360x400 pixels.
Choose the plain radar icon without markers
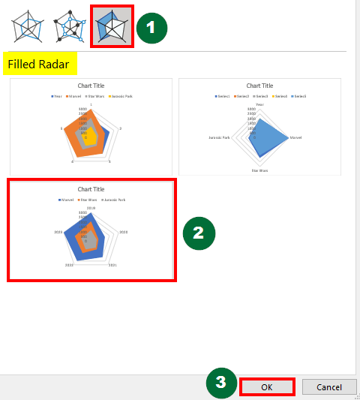point(28,27)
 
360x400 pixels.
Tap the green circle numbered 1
point(151,28)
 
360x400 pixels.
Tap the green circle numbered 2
point(199,233)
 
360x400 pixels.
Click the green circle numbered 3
point(220,381)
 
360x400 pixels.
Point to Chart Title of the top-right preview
point(259,86)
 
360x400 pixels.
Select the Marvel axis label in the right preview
point(295,137)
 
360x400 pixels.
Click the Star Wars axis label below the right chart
point(259,170)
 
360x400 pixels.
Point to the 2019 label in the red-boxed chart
point(91,208)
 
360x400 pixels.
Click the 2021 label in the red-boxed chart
point(112,265)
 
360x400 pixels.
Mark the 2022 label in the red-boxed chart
point(69,265)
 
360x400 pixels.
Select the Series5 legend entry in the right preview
point(301,96)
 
